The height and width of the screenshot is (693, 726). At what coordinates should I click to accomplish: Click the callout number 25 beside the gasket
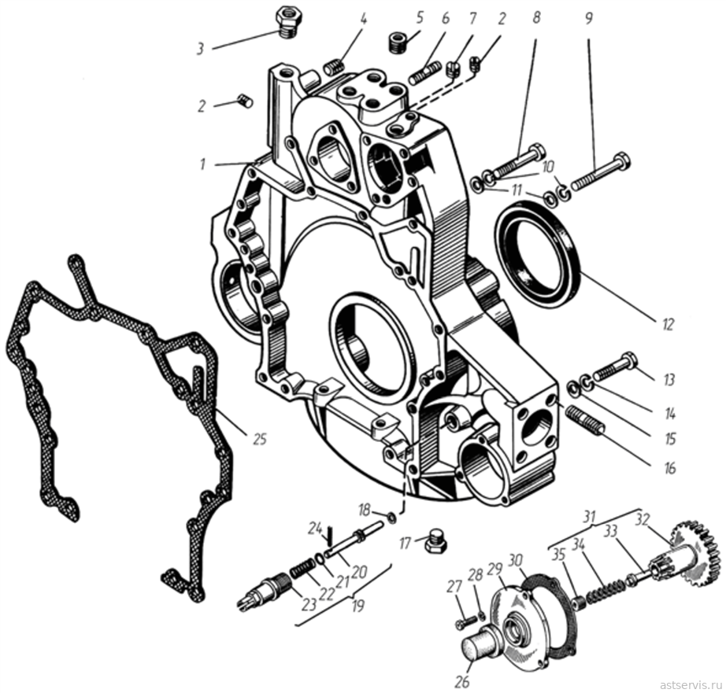tap(260, 439)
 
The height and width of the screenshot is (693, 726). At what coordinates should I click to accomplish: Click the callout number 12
tap(668, 324)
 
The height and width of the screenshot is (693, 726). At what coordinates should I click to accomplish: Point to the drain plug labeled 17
tap(435, 540)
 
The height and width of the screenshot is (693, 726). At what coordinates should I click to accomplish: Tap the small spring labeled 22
tap(302, 568)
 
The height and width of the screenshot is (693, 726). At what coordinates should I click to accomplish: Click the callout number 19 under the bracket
tap(358, 606)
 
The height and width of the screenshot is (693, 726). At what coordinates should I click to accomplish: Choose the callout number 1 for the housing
tap(202, 164)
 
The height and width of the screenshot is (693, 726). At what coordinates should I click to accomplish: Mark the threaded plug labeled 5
tap(396, 42)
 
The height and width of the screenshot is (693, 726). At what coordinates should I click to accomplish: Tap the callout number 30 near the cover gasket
tap(515, 561)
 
